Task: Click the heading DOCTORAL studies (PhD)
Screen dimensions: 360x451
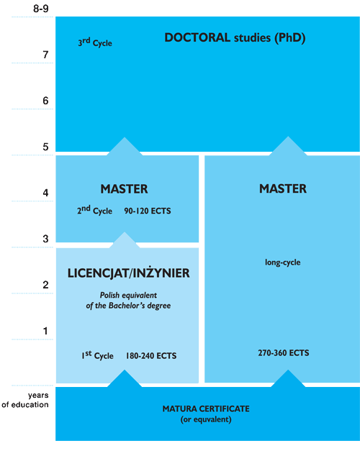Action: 235,38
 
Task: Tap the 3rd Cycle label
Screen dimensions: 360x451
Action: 95,42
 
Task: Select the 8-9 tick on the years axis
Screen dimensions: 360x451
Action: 41,9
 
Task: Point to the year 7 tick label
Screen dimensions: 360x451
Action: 45,55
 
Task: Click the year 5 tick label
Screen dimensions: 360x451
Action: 45,147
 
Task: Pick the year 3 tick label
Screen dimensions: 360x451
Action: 45,239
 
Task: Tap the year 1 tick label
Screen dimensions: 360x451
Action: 45,331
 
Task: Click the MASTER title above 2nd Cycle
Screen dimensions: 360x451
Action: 124,189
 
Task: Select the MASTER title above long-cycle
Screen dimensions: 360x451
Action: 283,188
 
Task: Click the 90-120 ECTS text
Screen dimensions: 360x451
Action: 148,211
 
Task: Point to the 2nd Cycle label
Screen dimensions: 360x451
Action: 94,210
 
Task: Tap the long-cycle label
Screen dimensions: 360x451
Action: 282,263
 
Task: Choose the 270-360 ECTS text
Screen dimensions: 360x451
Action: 284,353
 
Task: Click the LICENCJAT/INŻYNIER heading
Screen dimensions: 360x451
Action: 128,273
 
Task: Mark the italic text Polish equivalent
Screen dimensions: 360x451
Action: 128,296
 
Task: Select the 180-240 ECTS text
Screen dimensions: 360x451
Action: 151,356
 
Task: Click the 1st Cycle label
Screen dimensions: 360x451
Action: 97,355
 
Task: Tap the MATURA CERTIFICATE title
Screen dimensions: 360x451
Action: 206,409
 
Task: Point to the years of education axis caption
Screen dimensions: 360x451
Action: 25,400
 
